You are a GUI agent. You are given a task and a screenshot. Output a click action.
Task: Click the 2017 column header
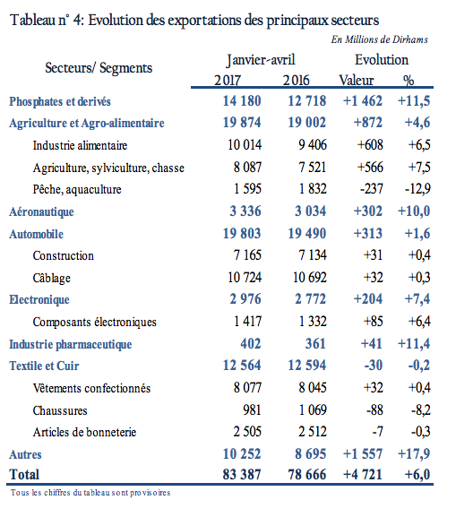(228, 80)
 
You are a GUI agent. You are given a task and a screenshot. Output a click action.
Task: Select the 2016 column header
(297, 80)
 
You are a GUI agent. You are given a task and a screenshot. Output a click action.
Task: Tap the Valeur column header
(357, 80)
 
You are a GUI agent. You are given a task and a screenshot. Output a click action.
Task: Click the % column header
(409, 80)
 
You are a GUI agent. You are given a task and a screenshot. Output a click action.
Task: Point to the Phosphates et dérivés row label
(60, 101)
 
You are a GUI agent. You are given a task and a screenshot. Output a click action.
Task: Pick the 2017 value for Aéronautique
(245, 211)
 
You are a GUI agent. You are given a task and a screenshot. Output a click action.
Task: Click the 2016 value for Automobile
(307, 234)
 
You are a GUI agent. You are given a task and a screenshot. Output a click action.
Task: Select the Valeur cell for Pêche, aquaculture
(372, 189)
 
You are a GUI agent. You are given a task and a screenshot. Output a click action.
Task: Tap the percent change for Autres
(414, 453)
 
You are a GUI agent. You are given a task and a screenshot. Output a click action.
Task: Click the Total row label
(24, 475)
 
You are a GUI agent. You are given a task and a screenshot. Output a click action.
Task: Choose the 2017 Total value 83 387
(242, 475)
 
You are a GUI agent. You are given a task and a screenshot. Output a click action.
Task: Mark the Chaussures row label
(60, 410)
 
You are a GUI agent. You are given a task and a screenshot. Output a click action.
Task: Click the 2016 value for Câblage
(310, 277)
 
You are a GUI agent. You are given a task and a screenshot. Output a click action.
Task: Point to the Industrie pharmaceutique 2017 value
(251, 343)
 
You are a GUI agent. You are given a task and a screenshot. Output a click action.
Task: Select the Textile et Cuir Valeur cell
(374, 366)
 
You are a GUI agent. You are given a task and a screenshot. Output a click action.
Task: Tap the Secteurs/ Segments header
(99, 68)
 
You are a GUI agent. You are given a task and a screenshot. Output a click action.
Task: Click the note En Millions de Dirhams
(380, 39)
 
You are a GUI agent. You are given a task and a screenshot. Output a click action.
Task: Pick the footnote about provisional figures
(90, 493)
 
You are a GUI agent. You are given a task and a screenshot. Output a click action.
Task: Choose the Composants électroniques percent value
(419, 321)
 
